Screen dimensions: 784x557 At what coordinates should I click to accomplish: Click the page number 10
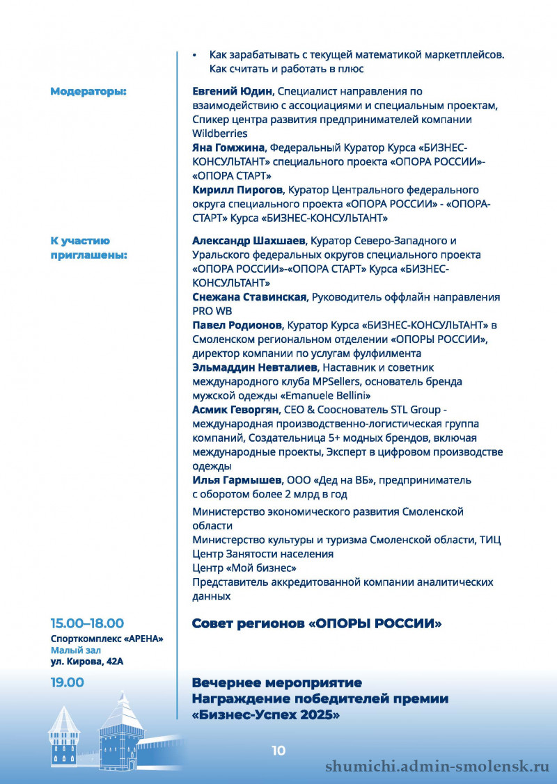tap(278, 750)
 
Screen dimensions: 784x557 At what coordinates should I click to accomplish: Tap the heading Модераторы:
tap(88, 91)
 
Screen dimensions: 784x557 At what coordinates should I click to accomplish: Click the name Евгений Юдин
tap(234, 91)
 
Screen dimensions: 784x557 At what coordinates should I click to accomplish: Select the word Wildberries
tap(219, 133)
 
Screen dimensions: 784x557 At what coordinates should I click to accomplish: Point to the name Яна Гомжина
tap(229, 147)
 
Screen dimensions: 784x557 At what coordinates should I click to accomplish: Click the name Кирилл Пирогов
tap(237, 189)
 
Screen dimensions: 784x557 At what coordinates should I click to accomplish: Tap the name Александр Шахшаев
tap(247, 241)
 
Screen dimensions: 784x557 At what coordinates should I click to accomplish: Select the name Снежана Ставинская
tap(249, 297)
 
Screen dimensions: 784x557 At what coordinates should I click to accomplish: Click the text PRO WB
tap(212, 311)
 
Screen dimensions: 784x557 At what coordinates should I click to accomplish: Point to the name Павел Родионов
tap(237, 325)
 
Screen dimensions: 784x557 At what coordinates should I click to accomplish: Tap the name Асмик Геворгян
tap(235, 410)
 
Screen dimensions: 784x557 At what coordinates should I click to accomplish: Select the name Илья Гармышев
tap(237, 480)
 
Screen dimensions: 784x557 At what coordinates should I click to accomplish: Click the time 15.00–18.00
tap(87, 623)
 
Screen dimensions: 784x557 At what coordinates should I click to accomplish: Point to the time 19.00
tap(67, 682)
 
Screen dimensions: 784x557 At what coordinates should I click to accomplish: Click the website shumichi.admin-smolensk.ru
tap(438, 766)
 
